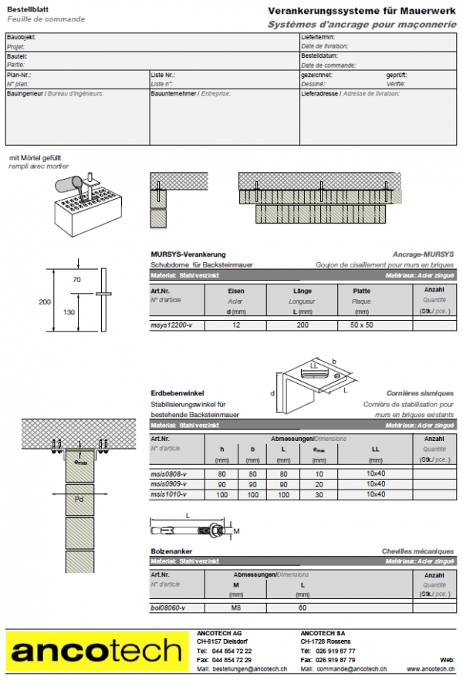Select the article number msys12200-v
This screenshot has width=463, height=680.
(171, 326)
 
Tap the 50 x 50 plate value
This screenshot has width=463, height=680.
(360, 326)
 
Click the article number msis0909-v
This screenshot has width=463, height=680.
(168, 484)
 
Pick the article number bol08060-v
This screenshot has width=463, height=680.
(167, 608)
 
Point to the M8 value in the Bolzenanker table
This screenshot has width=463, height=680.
(236, 608)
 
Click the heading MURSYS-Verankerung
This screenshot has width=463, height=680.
(188, 254)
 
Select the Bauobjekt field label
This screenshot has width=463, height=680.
(20, 37)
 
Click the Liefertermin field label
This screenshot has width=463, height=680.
(317, 37)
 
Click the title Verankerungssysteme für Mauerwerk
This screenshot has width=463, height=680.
(362, 11)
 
